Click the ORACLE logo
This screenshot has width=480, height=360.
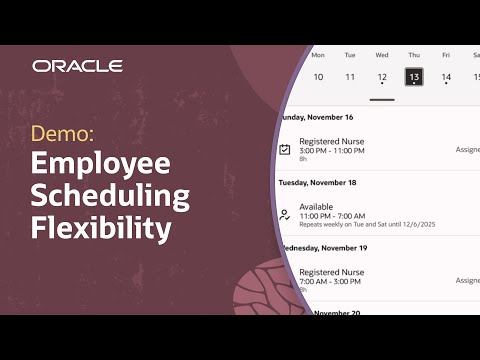pyautogui.click(x=77, y=66)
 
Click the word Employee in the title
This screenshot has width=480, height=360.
pyautogui.click(x=101, y=165)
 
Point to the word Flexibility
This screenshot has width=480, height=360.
pyautogui.click(x=100, y=229)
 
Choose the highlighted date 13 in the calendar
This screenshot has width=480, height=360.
pyautogui.click(x=414, y=77)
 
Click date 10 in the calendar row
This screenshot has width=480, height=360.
pyautogui.click(x=318, y=77)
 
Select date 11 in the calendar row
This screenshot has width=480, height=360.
pyautogui.click(x=350, y=77)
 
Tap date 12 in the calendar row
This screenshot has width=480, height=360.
pyautogui.click(x=382, y=77)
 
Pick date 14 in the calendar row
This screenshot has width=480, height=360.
pyautogui.click(x=446, y=77)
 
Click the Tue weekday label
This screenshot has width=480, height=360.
pyautogui.click(x=350, y=55)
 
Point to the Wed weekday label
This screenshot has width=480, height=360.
pyautogui.click(x=382, y=55)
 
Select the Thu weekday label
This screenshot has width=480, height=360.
pyautogui.click(x=414, y=55)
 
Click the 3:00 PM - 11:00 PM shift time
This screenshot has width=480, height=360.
pyautogui.click(x=332, y=150)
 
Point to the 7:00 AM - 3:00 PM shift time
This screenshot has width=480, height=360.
pyautogui.click(x=332, y=281)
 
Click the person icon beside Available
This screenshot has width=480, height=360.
pyautogui.click(x=285, y=214)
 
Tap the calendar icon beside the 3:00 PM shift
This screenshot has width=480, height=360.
pyautogui.click(x=285, y=149)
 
